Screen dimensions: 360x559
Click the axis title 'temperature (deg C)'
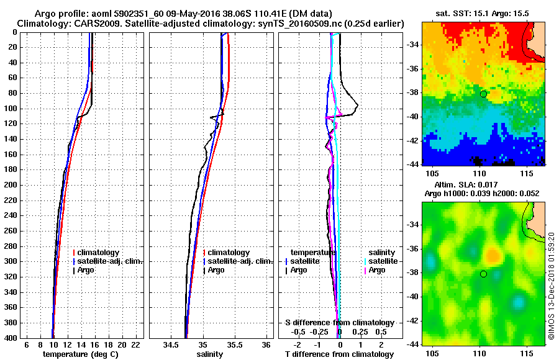[x=80, y=354]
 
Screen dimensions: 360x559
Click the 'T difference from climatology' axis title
[x=339, y=354]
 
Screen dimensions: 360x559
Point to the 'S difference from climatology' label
[x=339, y=323]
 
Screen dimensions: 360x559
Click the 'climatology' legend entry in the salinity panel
[x=229, y=253]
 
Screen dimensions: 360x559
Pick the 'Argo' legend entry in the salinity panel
[x=216, y=270]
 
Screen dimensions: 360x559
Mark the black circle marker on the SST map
[x=483, y=94]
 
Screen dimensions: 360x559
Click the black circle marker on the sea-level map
[x=483, y=274]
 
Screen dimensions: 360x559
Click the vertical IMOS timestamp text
[x=551, y=286]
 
